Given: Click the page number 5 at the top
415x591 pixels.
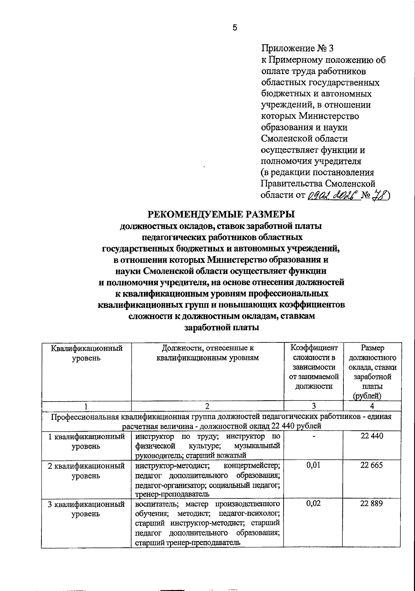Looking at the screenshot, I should (x=235, y=28).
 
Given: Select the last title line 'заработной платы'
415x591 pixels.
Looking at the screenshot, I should (x=222, y=327).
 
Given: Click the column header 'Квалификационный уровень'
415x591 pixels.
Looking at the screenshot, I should (x=86, y=353).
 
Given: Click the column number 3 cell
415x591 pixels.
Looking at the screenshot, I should (x=313, y=406).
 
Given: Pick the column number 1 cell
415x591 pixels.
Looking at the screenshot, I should (x=86, y=406).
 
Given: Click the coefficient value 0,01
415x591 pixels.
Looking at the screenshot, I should (x=313, y=465).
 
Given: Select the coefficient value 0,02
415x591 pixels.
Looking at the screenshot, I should (x=313, y=504).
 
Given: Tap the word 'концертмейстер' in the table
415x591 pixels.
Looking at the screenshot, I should (x=252, y=465).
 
